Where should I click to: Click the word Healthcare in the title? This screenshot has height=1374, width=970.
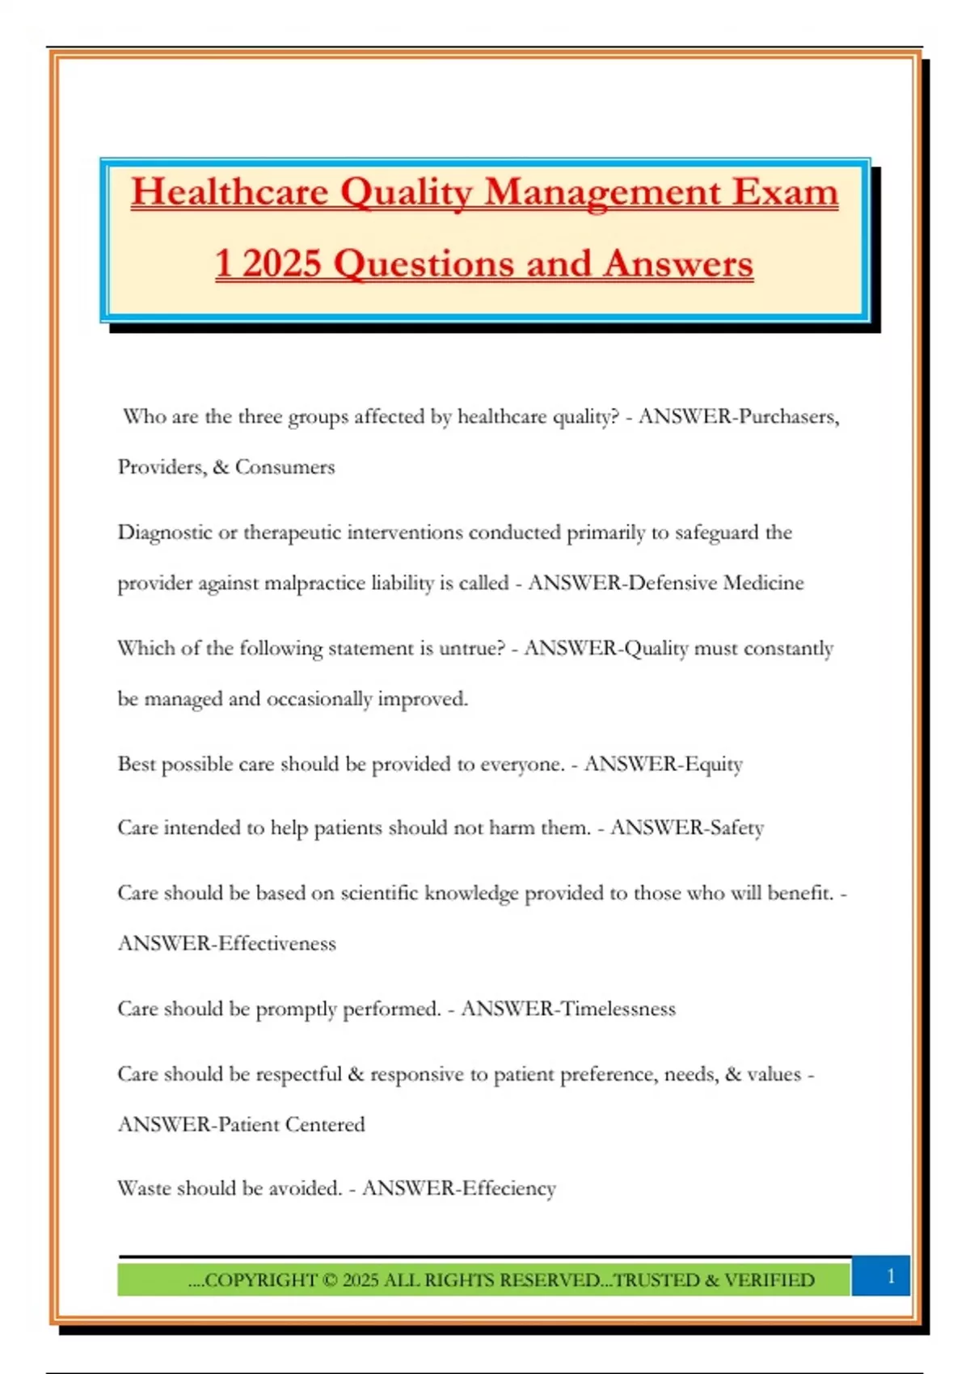tap(230, 192)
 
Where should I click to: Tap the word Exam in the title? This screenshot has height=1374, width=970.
tap(785, 192)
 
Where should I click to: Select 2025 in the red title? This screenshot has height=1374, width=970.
tap(281, 263)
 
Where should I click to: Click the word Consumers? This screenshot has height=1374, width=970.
tap(285, 467)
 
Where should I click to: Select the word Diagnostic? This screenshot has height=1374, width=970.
tap(164, 533)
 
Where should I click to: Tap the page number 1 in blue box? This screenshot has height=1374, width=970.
tap(890, 1276)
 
